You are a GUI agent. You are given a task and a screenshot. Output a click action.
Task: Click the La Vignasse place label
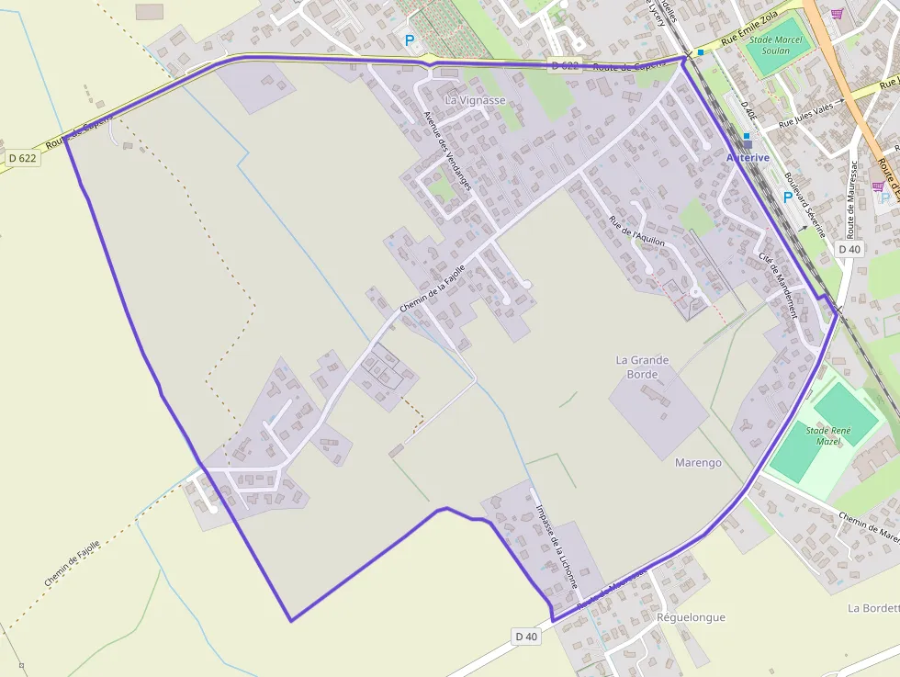click(475, 99)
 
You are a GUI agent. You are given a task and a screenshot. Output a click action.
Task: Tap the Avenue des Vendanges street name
click(447, 151)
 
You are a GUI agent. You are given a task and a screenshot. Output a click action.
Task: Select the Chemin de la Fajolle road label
click(433, 288)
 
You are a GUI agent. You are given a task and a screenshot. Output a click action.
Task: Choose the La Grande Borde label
click(642, 367)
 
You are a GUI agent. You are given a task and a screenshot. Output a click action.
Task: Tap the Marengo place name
click(698, 463)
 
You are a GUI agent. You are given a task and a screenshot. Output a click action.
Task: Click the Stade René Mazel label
click(829, 435)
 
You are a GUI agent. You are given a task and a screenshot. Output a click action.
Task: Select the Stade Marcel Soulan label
click(776, 45)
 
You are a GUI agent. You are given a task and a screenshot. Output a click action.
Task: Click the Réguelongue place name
click(691, 617)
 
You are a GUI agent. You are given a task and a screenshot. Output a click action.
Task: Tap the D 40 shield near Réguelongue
click(526, 637)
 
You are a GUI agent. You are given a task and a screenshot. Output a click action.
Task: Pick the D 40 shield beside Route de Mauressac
click(849, 249)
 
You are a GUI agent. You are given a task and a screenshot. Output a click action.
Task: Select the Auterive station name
click(748, 158)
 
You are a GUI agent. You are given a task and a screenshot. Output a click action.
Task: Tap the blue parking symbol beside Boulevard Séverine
click(787, 197)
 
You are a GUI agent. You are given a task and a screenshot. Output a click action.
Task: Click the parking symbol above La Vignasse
click(410, 40)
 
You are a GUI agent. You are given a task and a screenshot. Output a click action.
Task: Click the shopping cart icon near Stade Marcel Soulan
click(837, 13)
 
